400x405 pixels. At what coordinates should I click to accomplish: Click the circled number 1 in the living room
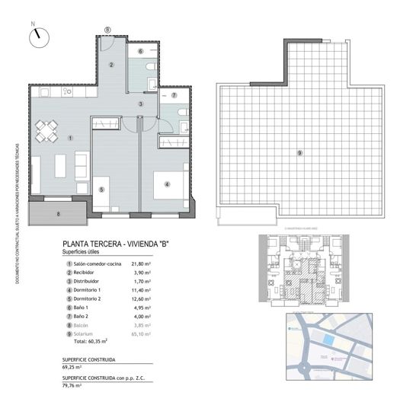tap(69, 138)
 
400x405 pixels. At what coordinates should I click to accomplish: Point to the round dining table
tap(48, 132)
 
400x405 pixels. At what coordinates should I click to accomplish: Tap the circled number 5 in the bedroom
tap(101, 190)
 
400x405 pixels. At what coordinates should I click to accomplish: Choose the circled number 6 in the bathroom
tap(140, 51)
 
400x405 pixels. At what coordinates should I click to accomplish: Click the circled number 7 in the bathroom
tap(174, 96)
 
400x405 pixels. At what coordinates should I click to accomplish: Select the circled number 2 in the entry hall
tap(111, 65)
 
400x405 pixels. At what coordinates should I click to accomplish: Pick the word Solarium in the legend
tap(85, 324)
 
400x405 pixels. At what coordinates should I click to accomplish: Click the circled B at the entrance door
tap(107, 30)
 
